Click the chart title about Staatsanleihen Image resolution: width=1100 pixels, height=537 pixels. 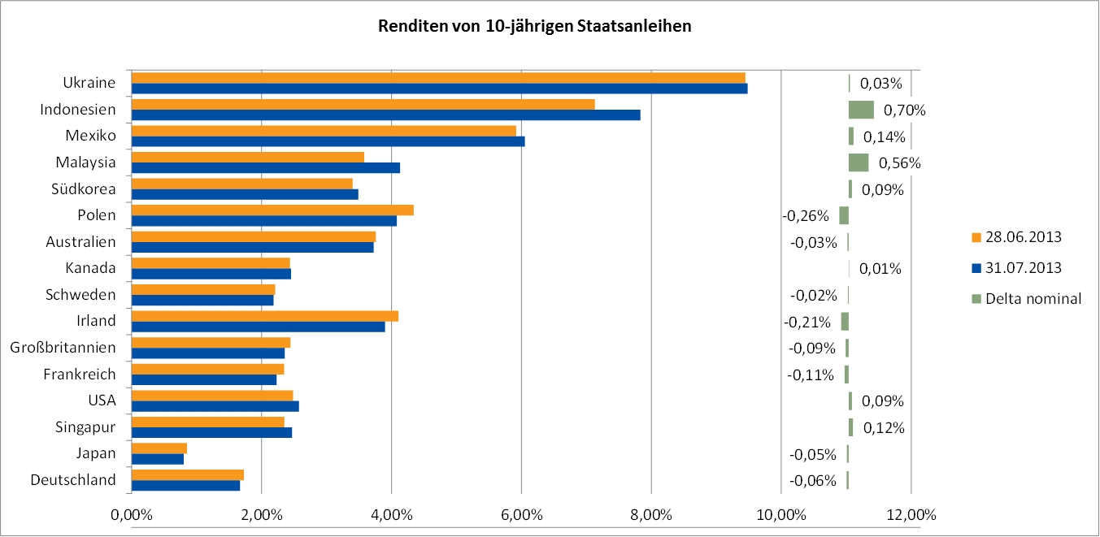534,26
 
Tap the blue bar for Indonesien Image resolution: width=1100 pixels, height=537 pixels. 385,115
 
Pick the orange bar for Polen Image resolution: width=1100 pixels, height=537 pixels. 272,210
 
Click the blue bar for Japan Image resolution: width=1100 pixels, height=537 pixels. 158,459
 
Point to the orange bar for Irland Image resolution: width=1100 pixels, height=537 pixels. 265,316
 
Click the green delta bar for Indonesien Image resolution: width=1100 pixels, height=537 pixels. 861,110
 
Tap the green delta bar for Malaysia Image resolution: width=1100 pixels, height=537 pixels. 859,162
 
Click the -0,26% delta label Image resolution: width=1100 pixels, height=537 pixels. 807,216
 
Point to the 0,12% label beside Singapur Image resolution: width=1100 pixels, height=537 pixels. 884,428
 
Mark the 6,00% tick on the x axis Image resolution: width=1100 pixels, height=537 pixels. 521,514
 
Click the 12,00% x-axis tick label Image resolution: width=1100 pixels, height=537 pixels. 911,514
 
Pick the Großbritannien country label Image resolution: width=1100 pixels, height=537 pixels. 63,348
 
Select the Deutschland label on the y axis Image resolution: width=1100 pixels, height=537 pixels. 73,480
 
